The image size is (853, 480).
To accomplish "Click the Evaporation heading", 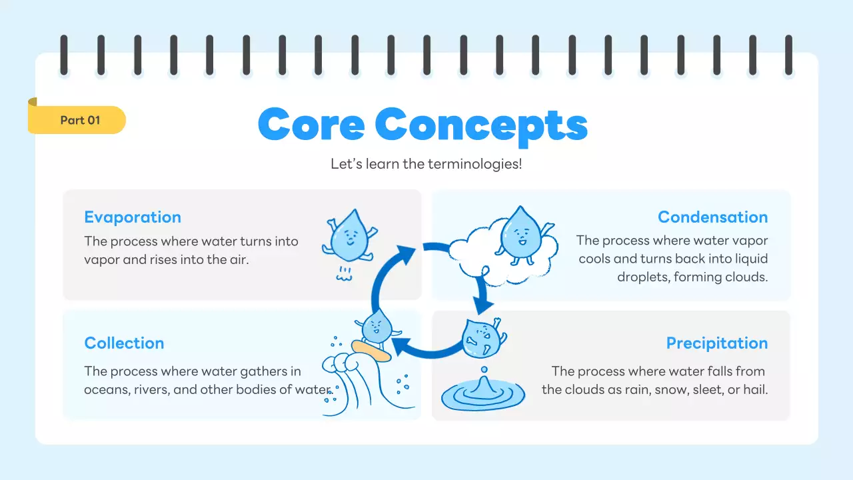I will click(x=133, y=217).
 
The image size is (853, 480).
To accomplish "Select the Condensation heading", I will click(x=712, y=217).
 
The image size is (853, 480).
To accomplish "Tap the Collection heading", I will click(x=124, y=343).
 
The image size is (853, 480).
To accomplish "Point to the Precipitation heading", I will click(x=717, y=343).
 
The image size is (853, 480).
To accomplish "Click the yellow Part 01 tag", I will click(x=79, y=120).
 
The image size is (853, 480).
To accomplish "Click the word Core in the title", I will click(x=311, y=125).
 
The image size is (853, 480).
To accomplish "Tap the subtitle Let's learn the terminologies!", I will click(x=426, y=163).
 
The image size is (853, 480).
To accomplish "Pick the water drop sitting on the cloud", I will click(x=522, y=233).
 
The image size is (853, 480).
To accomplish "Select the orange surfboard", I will click(x=373, y=351).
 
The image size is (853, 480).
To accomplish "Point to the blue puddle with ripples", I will click(x=483, y=395).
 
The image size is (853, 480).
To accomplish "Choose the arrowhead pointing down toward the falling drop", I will click(x=484, y=304).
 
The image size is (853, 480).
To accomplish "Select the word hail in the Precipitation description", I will click(x=755, y=389).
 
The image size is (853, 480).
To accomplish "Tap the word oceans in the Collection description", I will click(x=105, y=389).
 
